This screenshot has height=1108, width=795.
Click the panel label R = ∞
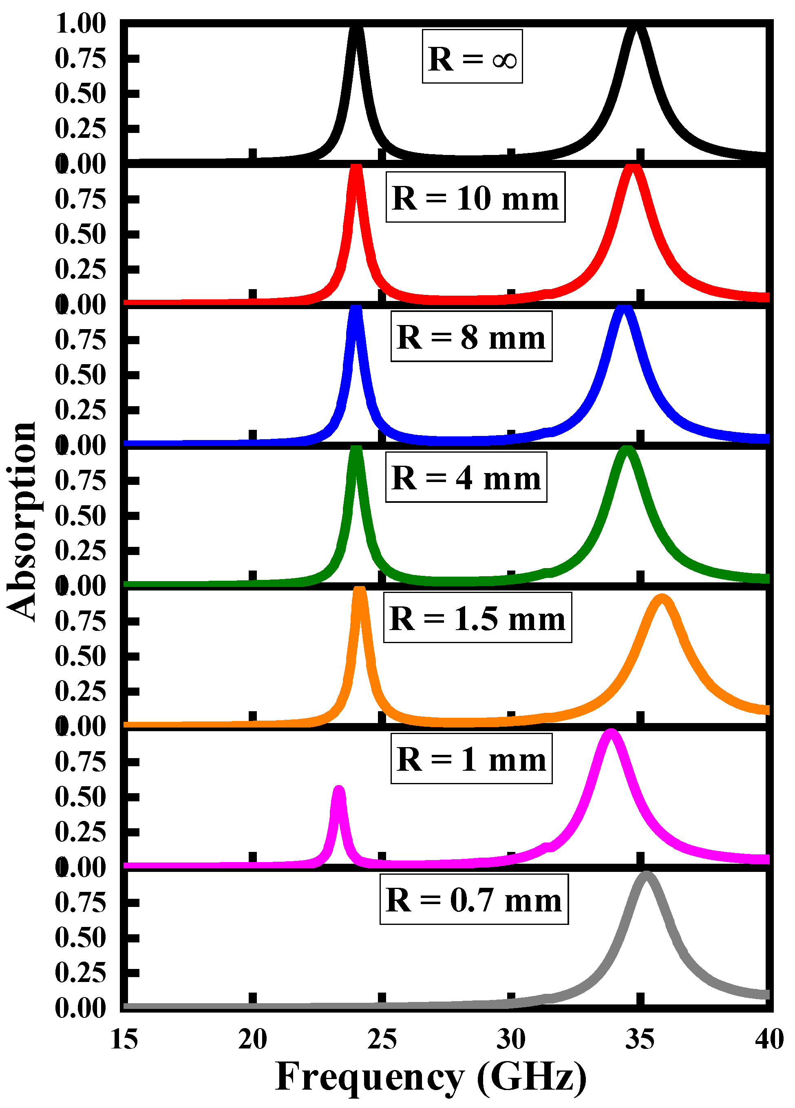coord(472,57)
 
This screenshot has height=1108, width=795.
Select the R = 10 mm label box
coord(475,197)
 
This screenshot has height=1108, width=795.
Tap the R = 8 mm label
coord(471,336)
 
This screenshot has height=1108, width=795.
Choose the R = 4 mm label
coord(466,477)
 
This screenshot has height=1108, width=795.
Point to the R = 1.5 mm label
coord(477,617)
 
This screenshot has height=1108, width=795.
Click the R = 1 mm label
coord(471,758)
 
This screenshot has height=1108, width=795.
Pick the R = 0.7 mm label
coord(474,899)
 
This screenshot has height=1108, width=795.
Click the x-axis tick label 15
coord(124,1039)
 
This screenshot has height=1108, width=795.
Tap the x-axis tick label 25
coord(382,1039)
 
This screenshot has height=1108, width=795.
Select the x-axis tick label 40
coord(768,1039)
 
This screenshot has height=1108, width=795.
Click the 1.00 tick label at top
coord(81,24)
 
